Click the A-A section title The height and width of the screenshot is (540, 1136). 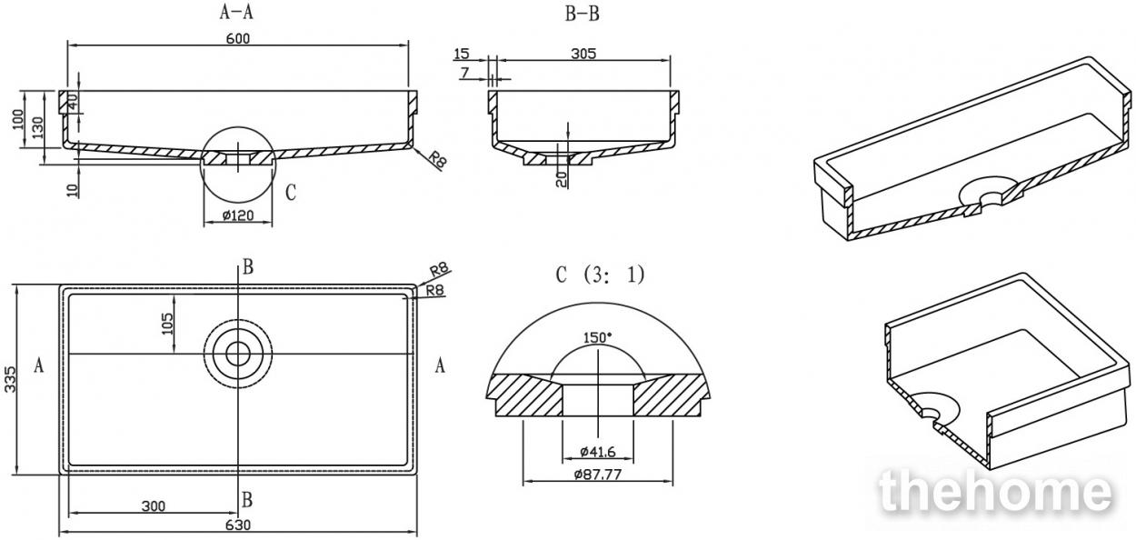pyautogui.click(x=235, y=12)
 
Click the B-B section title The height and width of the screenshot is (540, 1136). pyautogui.click(x=583, y=15)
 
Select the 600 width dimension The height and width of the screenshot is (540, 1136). pyautogui.click(x=238, y=38)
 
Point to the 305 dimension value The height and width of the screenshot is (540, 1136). pyautogui.click(x=583, y=54)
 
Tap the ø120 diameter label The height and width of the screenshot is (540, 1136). pyautogui.click(x=238, y=215)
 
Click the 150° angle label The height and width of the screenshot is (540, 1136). pyautogui.click(x=597, y=337)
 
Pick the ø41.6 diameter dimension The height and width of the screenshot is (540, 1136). pyautogui.click(x=598, y=451)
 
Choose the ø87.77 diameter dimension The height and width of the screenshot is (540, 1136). pyautogui.click(x=597, y=475)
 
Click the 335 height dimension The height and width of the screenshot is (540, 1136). pyautogui.click(x=11, y=379)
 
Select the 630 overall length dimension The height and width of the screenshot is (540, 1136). pyautogui.click(x=238, y=525)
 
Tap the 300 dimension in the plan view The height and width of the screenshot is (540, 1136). pyautogui.click(x=154, y=506)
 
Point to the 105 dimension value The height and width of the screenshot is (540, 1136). pyautogui.click(x=167, y=324)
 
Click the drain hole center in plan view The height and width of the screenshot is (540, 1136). pyautogui.click(x=238, y=354)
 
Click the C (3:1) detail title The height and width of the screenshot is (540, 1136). pyautogui.click(x=600, y=275)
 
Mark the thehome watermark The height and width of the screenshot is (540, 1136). pyautogui.click(x=996, y=490)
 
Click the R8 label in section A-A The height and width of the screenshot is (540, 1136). pyautogui.click(x=437, y=160)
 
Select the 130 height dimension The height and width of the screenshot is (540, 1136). pyautogui.click(x=38, y=129)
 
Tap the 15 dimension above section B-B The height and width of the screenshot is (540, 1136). pyautogui.click(x=462, y=54)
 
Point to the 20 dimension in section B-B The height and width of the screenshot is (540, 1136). pyautogui.click(x=561, y=179)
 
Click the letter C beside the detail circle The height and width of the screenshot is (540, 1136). pyautogui.click(x=291, y=193)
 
